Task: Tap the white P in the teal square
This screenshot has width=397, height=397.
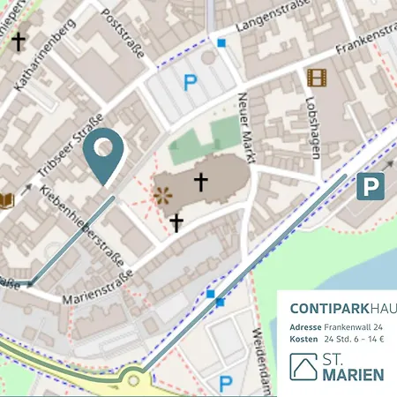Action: coord(371,187)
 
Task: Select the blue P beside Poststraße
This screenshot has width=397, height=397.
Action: coord(189,84)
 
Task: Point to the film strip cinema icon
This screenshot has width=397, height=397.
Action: coord(317,78)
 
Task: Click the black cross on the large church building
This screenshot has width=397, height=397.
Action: coord(201,183)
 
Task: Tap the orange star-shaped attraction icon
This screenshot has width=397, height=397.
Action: coord(162,196)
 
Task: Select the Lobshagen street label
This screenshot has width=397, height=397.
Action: coord(313,131)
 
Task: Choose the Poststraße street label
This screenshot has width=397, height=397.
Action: coord(123,34)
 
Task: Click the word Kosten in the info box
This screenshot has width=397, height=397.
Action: coord(303,339)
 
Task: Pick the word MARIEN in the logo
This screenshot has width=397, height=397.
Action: coord(353,375)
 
